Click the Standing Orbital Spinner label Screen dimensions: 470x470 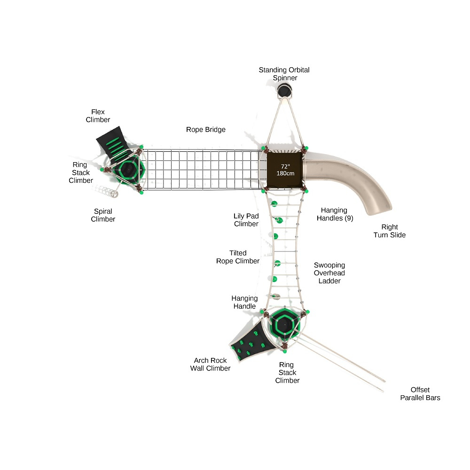point(284,74)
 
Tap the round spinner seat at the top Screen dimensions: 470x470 point(284,90)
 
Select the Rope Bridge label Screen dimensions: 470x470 point(205,129)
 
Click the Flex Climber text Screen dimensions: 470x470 point(98,116)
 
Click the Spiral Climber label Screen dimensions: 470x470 point(103,215)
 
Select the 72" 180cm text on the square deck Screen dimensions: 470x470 point(285,170)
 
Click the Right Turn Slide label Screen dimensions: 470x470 point(389,231)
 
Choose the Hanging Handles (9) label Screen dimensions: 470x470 point(335,214)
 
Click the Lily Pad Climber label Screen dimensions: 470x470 point(246,220)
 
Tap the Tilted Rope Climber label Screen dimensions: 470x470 point(238,257)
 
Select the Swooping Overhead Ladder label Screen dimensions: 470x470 point(329,273)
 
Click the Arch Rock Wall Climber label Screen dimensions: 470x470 point(210,364)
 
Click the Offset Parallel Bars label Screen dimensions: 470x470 point(420,393)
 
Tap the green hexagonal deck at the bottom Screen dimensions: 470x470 point(283,324)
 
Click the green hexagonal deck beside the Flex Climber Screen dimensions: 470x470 point(127,170)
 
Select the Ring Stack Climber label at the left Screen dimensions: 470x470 point(80,172)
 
